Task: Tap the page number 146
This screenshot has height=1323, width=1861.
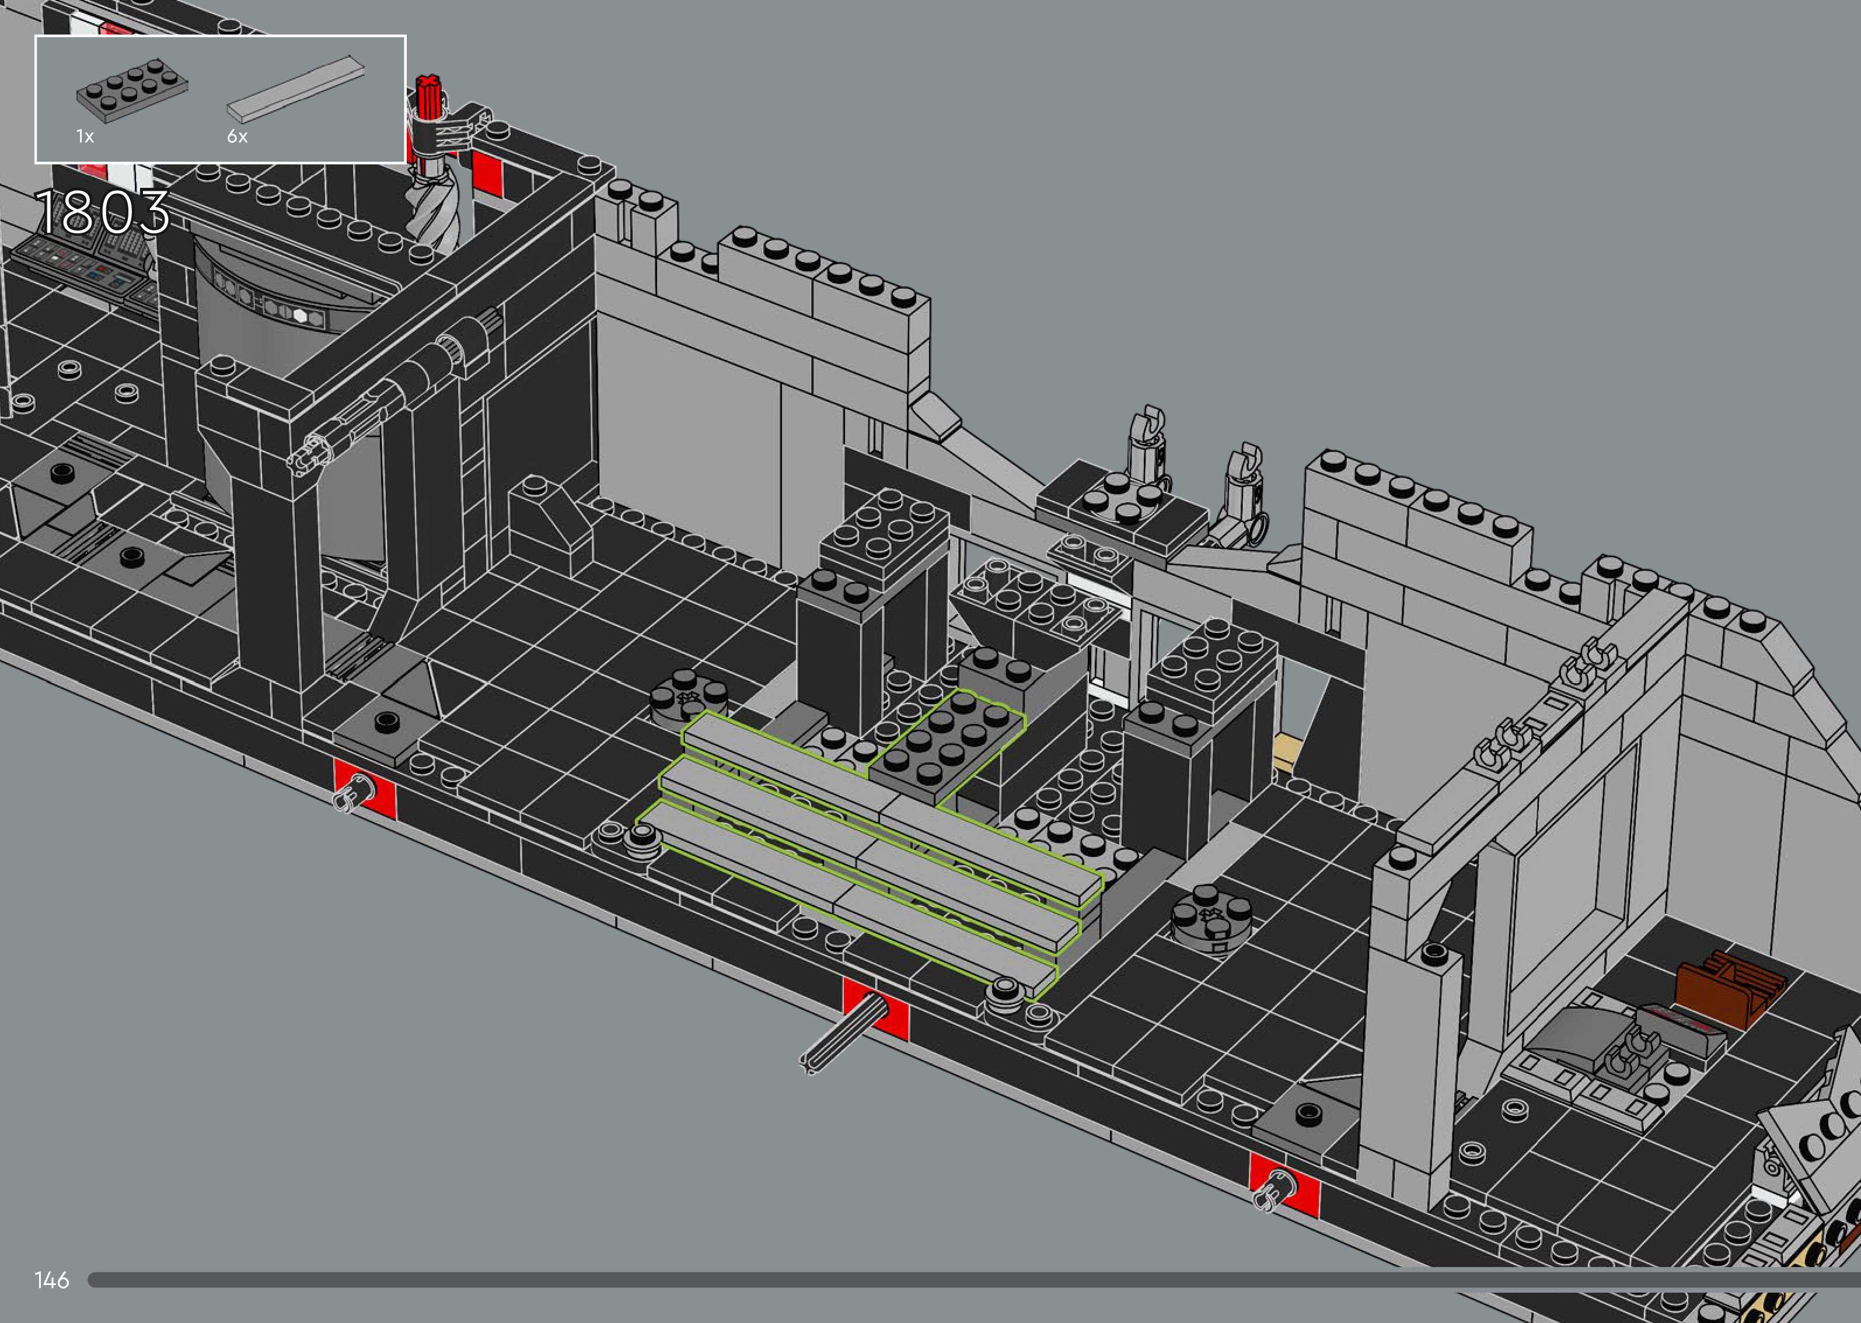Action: (51, 1280)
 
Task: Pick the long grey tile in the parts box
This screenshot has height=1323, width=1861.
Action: (294, 90)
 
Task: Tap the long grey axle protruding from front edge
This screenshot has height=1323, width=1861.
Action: (839, 1035)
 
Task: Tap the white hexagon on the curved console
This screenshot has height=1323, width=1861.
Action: (301, 316)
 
